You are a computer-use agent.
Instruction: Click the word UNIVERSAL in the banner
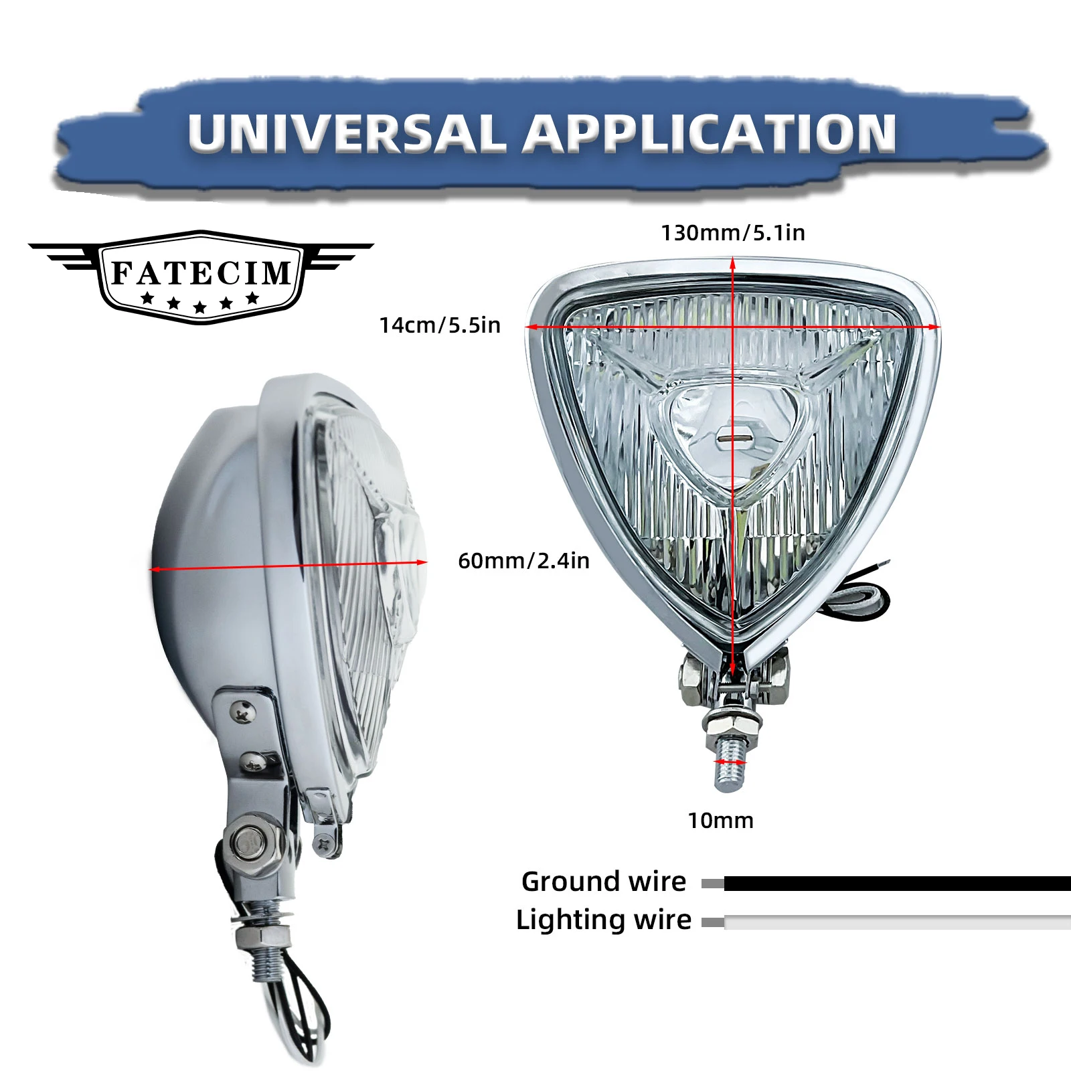tap(347, 133)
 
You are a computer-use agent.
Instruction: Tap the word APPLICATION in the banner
tap(710, 133)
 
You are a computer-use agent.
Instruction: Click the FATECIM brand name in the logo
tap(201, 272)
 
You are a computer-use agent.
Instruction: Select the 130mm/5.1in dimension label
tap(733, 233)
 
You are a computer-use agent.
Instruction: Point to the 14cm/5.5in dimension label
tap(440, 325)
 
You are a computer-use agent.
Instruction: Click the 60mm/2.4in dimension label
tap(523, 561)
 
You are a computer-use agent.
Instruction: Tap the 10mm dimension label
tap(721, 821)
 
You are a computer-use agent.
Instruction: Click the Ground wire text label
tap(604, 882)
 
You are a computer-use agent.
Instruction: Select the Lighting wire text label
tap(604, 920)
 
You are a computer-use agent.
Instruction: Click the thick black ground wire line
tap(897, 884)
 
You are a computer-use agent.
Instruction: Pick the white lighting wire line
tap(897, 922)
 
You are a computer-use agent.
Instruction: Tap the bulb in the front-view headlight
tap(733, 439)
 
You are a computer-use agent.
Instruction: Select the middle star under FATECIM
tap(199, 307)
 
